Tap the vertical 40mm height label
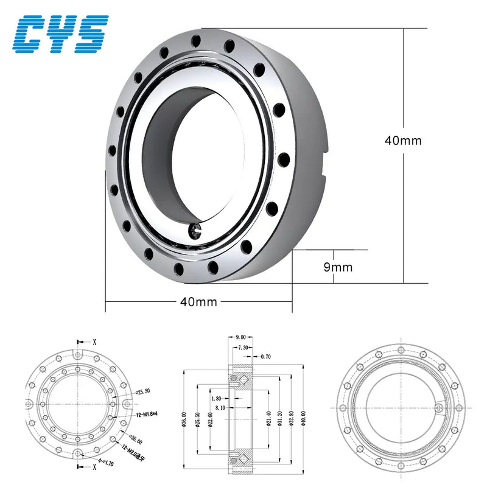pyautogui.click(x=403, y=140)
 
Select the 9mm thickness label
pyautogui.click(x=338, y=267)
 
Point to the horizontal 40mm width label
pyautogui.click(x=198, y=301)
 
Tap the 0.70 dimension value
pyautogui.click(x=266, y=356)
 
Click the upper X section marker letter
pyautogui.click(x=94, y=342)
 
